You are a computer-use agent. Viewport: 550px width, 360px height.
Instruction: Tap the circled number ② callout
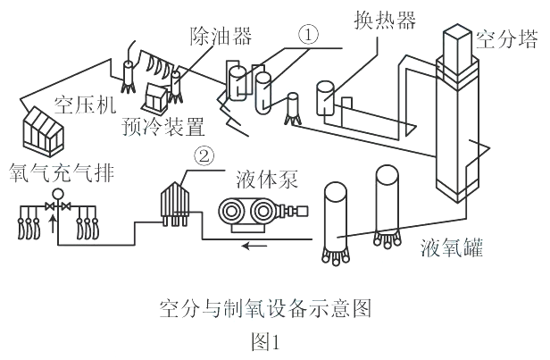coord(204,156)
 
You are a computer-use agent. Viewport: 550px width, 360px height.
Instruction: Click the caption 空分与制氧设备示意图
coord(265,311)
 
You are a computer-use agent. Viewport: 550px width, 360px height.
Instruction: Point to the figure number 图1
coord(264,340)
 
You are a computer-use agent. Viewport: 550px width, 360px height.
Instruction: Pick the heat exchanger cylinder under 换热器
coord(326,97)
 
